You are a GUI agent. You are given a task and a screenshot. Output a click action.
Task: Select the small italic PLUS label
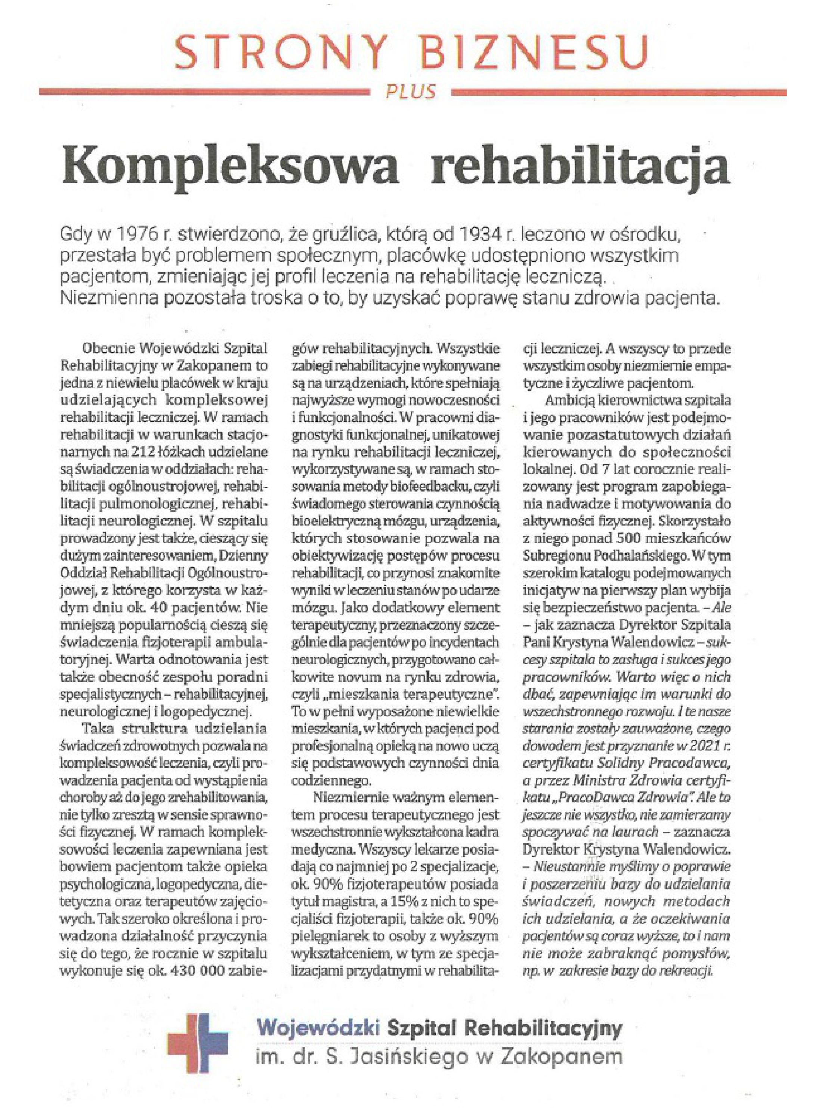coord(411,92)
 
